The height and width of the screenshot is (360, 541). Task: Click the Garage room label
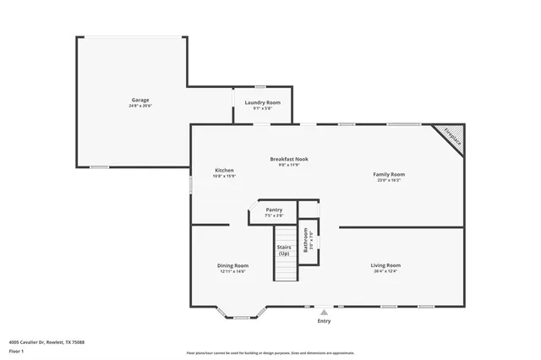click(140, 100)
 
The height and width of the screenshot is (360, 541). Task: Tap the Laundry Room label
click(262, 102)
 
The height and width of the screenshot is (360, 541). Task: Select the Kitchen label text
click(224, 170)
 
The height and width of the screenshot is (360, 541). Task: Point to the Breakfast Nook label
click(289, 159)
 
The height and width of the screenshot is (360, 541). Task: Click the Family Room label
click(389, 175)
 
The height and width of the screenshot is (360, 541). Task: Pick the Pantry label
click(274, 210)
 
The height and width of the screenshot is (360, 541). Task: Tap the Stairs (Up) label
click(284, 251)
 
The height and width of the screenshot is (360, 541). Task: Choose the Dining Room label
click(232, 265)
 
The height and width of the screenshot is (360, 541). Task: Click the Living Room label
click(385, 265)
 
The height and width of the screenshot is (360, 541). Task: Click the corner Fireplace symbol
click(450, 138)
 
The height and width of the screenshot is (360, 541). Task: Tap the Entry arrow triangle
click(324, 313)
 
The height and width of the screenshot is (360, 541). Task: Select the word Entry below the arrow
click(324, 321)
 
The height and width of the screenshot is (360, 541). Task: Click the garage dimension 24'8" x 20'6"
click(140, 106)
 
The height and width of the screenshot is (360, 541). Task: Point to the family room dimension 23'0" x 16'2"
click(389, 180)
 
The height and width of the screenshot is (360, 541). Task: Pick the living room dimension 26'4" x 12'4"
click(385, 271)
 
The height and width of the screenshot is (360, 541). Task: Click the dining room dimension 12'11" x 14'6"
click(232, 271)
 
